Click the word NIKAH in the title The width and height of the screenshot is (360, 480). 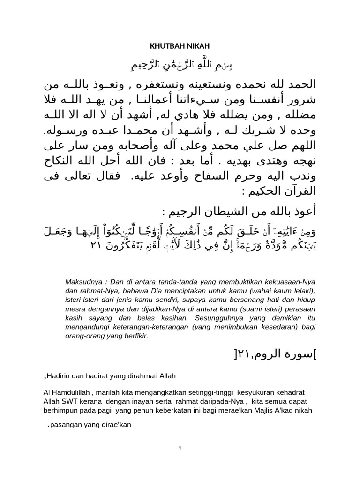[197, 46]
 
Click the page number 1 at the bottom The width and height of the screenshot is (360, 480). [180, 449]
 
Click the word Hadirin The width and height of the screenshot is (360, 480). [60, 376]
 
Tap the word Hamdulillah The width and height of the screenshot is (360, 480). [70, 392]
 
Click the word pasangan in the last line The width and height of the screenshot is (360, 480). [66, 426]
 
